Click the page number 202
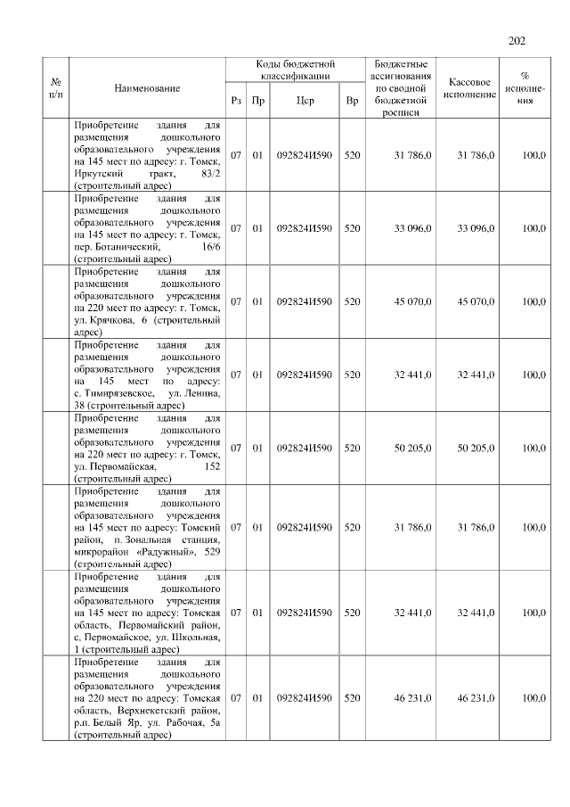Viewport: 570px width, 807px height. [x=517, y=40]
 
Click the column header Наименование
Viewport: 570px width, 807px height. [x=147, y=88]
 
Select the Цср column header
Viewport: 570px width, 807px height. [x=305, y=101]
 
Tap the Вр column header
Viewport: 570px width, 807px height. [x=352, y=101]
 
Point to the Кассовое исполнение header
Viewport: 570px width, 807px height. [x=471, y=87]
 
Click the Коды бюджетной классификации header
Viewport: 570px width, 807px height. [x=294, y=70]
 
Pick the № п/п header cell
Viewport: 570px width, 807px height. [x=57, y=87]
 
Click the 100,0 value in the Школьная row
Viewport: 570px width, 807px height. [x=534, y=613]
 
